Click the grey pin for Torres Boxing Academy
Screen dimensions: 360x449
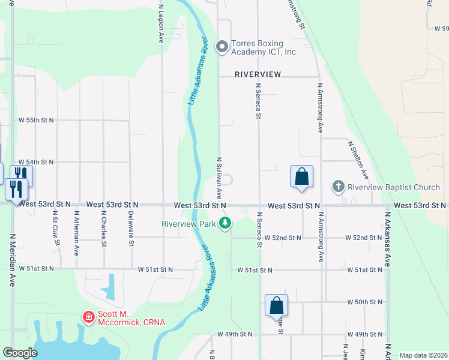pos(222,46)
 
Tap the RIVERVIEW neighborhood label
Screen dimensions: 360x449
pos(258,74)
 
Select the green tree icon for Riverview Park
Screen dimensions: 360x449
pos(225,224)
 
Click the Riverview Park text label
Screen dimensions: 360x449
pos(188,224)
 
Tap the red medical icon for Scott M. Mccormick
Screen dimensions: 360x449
pos(88,316)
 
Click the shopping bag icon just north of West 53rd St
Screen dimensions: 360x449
pos(301,177)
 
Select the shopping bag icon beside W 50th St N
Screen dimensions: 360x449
pos(276,305)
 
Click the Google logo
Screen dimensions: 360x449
pos(20,353)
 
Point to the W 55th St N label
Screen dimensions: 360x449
pos(36,120)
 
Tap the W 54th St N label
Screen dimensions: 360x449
pos(36,162)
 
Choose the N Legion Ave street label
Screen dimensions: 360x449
pos(161,24)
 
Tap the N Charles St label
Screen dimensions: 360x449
pos(104,228)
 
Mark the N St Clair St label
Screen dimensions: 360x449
pos(55,228)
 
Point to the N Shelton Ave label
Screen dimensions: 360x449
pos(358,160)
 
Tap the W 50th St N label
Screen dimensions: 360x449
pos(364,302)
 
